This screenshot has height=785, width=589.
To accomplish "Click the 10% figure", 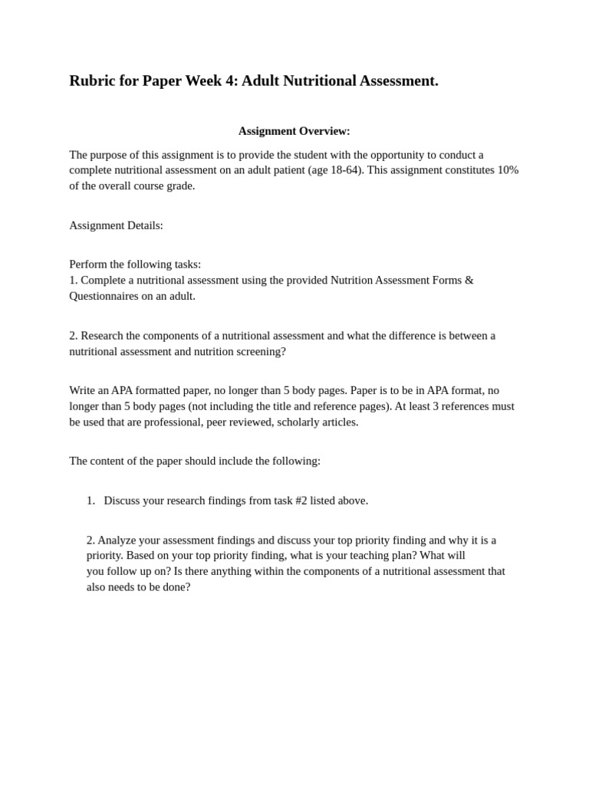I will coord(508,170).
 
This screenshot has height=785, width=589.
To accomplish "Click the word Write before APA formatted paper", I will coord(84,390).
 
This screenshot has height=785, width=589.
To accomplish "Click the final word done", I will coord(176,586).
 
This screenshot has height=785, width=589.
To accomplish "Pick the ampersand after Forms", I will coord(469,281).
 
